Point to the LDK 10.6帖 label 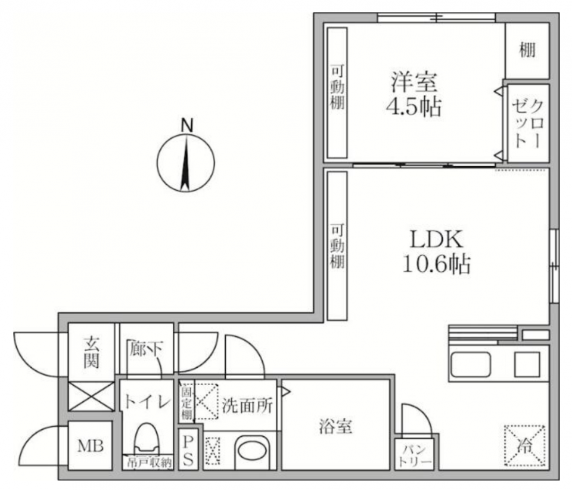(437, 252)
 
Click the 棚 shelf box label (527, 50)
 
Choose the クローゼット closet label (528, 124)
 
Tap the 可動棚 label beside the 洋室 (337, 87)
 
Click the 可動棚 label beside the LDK (337, 246)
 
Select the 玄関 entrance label (91, 352)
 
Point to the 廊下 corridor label (146, 349)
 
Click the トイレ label (147, 402)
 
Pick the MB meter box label (91, 446)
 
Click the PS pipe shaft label (188, 451)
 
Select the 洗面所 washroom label (247, 405)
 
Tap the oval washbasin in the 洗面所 (251, 452)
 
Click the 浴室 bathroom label (335, 427)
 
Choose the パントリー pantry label (414, 455)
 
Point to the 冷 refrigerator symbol (525, 445)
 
